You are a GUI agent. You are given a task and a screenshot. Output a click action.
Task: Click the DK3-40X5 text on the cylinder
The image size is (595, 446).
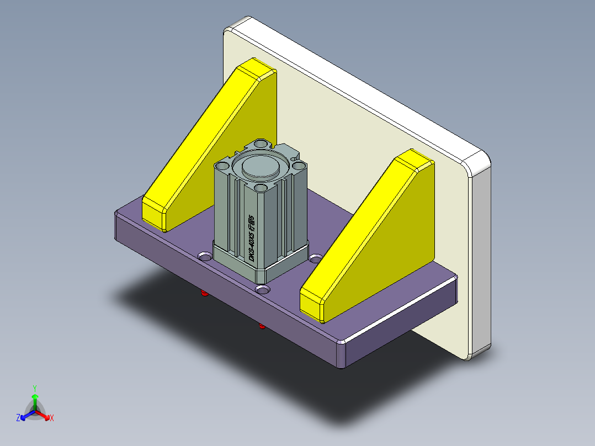(251, 238)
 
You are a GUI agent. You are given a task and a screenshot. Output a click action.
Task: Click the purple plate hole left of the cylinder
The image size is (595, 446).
(205, 257)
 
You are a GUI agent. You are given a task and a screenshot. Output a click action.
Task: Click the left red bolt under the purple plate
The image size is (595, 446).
(205, 293)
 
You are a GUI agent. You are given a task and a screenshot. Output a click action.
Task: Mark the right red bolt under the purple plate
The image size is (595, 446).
(262, 327)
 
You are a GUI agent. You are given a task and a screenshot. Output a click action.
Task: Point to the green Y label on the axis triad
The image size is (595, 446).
(34, 387)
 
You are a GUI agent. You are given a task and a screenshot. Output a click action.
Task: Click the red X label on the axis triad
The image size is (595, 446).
(51, 418)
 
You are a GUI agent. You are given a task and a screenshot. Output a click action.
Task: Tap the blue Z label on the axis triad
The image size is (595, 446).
(18, 418)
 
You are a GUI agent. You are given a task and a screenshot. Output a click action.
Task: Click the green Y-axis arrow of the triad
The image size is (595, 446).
(34, 400)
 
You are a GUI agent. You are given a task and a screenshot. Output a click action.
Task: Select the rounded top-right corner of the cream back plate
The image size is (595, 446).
(477, 162)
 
